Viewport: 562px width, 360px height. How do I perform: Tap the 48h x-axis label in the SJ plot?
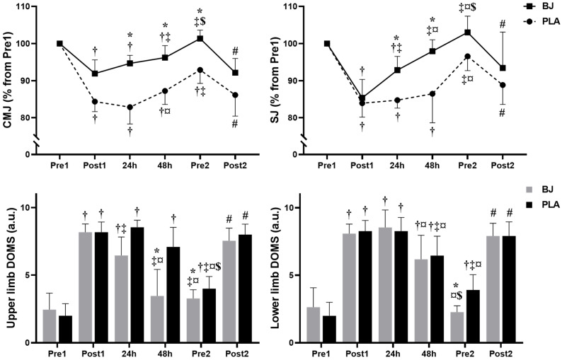point(432,166)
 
